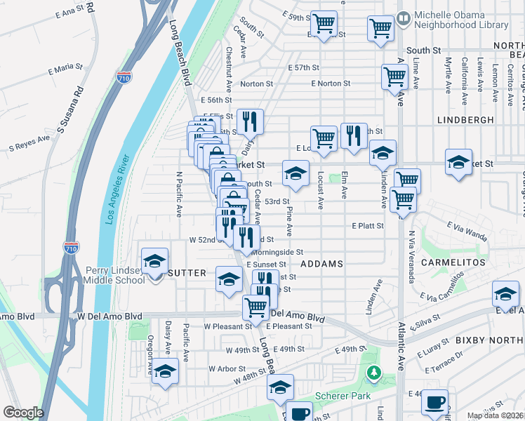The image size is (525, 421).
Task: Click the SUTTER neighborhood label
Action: tap(186, 273)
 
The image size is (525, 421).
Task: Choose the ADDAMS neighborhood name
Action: tap(321, 264)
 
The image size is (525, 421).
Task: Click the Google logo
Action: tap(23, 413)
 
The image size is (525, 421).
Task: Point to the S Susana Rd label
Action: tap(71, 109)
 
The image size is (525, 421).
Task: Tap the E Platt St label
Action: tap(368, 226)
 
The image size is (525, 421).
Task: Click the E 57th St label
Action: tap(303, 67)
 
